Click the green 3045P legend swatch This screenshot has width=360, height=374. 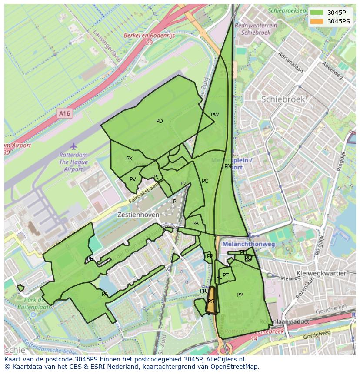coord(317,13)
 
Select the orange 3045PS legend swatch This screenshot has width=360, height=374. coord(317,21)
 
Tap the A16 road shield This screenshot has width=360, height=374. coord(64,113)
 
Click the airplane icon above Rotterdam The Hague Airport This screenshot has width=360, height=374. coord(73,146)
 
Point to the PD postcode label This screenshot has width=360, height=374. coord(160,121)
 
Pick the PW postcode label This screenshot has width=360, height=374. coord(215,115)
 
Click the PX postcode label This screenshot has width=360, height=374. coord(129,159)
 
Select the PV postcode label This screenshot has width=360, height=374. coord(133,179)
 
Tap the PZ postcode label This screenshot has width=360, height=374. coord(183,184)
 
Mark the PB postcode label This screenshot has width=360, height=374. coord(195,224)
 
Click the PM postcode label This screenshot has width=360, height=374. coord(240,295)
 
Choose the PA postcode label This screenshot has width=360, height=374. coord(105,294)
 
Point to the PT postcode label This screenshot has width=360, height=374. coord(226,275)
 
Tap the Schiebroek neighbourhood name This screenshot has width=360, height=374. coord(283,99)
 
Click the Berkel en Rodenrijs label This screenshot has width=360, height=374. coord(149,36)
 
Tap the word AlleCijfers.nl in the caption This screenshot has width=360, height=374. coord(225,359)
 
